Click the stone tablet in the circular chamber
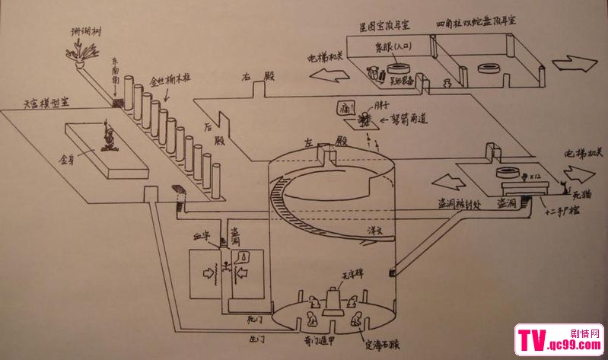333,300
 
